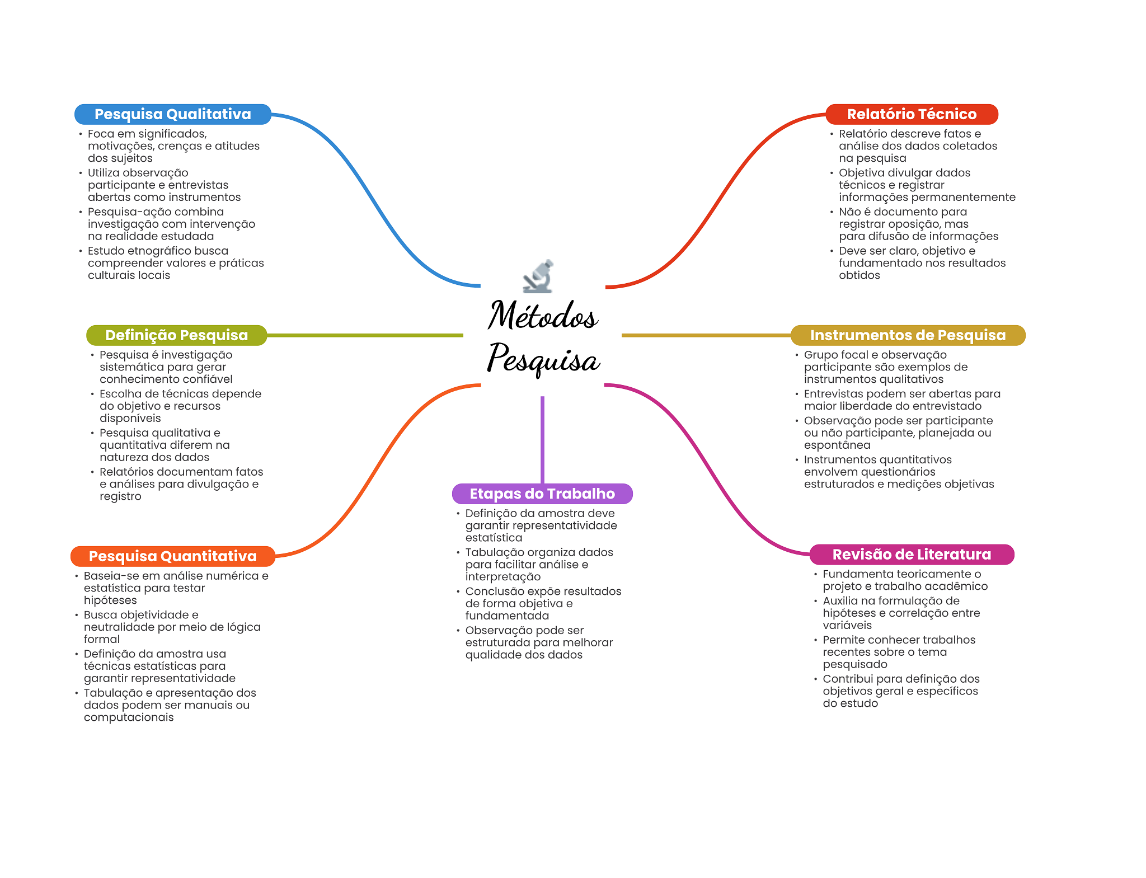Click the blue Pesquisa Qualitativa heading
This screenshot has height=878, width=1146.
tap(173, 114)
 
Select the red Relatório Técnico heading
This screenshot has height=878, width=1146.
tap(912, 114)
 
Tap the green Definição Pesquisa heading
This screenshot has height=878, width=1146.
tap(176, 335)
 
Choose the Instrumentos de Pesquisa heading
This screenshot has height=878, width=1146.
tap(908, 335)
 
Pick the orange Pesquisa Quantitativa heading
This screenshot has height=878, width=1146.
tap(173, 556)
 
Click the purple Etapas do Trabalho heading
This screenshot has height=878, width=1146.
tap(542, 494)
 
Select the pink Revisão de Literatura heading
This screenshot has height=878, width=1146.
tap(912, 555)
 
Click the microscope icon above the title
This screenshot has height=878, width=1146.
tap(538, 276)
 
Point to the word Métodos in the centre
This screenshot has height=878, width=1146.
tap(543, 314)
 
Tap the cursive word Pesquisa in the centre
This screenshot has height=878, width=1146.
tap(543, 359)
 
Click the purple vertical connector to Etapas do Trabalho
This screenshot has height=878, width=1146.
tap(542, 440)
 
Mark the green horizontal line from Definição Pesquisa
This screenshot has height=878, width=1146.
tap(365, 335)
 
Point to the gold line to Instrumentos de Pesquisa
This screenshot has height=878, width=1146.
tap(706, 335)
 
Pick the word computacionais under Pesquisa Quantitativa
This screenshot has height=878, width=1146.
tap(129, 717)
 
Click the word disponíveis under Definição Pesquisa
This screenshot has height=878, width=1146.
tap(130, 419)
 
